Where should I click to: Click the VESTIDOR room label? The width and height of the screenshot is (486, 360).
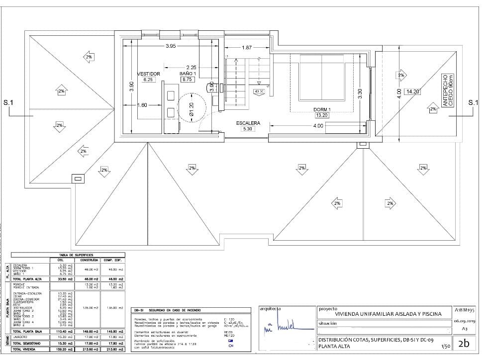148,74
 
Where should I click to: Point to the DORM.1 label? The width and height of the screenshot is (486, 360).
322,109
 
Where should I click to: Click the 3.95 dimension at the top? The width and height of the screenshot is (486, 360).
171,46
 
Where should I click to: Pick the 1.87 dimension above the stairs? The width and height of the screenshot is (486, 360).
246,48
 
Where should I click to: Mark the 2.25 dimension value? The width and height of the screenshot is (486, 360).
191,67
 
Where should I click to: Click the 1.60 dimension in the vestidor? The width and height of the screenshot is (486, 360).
142,105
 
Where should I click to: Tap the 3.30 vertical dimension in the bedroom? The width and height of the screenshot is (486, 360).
360,93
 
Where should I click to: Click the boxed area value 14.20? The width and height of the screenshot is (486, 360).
412,91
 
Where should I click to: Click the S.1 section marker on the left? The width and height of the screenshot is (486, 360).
8,103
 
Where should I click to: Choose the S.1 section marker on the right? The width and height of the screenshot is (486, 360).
473,103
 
